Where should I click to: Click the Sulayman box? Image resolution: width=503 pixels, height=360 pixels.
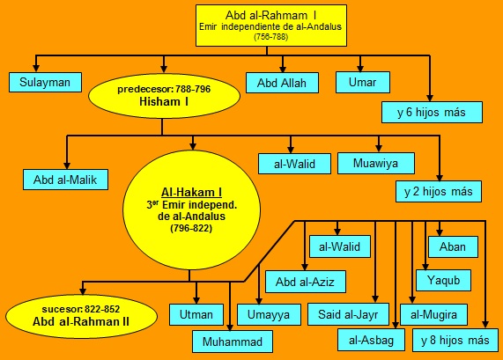45,83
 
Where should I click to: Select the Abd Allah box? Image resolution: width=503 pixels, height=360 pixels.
282,83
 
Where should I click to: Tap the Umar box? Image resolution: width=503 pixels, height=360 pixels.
363,83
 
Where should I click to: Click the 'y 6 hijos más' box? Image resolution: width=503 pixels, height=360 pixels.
432,112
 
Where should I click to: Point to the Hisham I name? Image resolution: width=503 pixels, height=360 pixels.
164,101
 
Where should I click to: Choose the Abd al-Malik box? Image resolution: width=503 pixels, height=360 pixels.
65,180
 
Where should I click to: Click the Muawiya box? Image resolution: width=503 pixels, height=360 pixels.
376,163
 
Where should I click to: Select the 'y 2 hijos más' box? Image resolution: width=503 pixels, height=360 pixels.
439,191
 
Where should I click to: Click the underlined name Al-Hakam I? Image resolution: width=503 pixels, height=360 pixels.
191,193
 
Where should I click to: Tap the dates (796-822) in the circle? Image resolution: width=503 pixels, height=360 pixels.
191,228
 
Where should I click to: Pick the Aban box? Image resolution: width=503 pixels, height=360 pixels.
453,246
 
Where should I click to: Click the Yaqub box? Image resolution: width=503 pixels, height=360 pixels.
443,280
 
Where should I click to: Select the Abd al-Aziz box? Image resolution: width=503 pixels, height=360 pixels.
306,282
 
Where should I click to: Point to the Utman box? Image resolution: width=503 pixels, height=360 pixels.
196,314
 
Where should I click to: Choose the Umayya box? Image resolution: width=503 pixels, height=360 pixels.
269,314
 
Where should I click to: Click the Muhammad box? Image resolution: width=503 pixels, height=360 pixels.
233,342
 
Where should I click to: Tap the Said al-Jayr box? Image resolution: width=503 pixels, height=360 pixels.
348,314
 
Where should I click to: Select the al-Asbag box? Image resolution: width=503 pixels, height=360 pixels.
371,340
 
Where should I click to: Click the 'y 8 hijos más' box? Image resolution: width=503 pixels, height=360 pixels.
455,340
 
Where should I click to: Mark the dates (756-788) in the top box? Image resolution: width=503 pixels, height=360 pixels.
271,37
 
